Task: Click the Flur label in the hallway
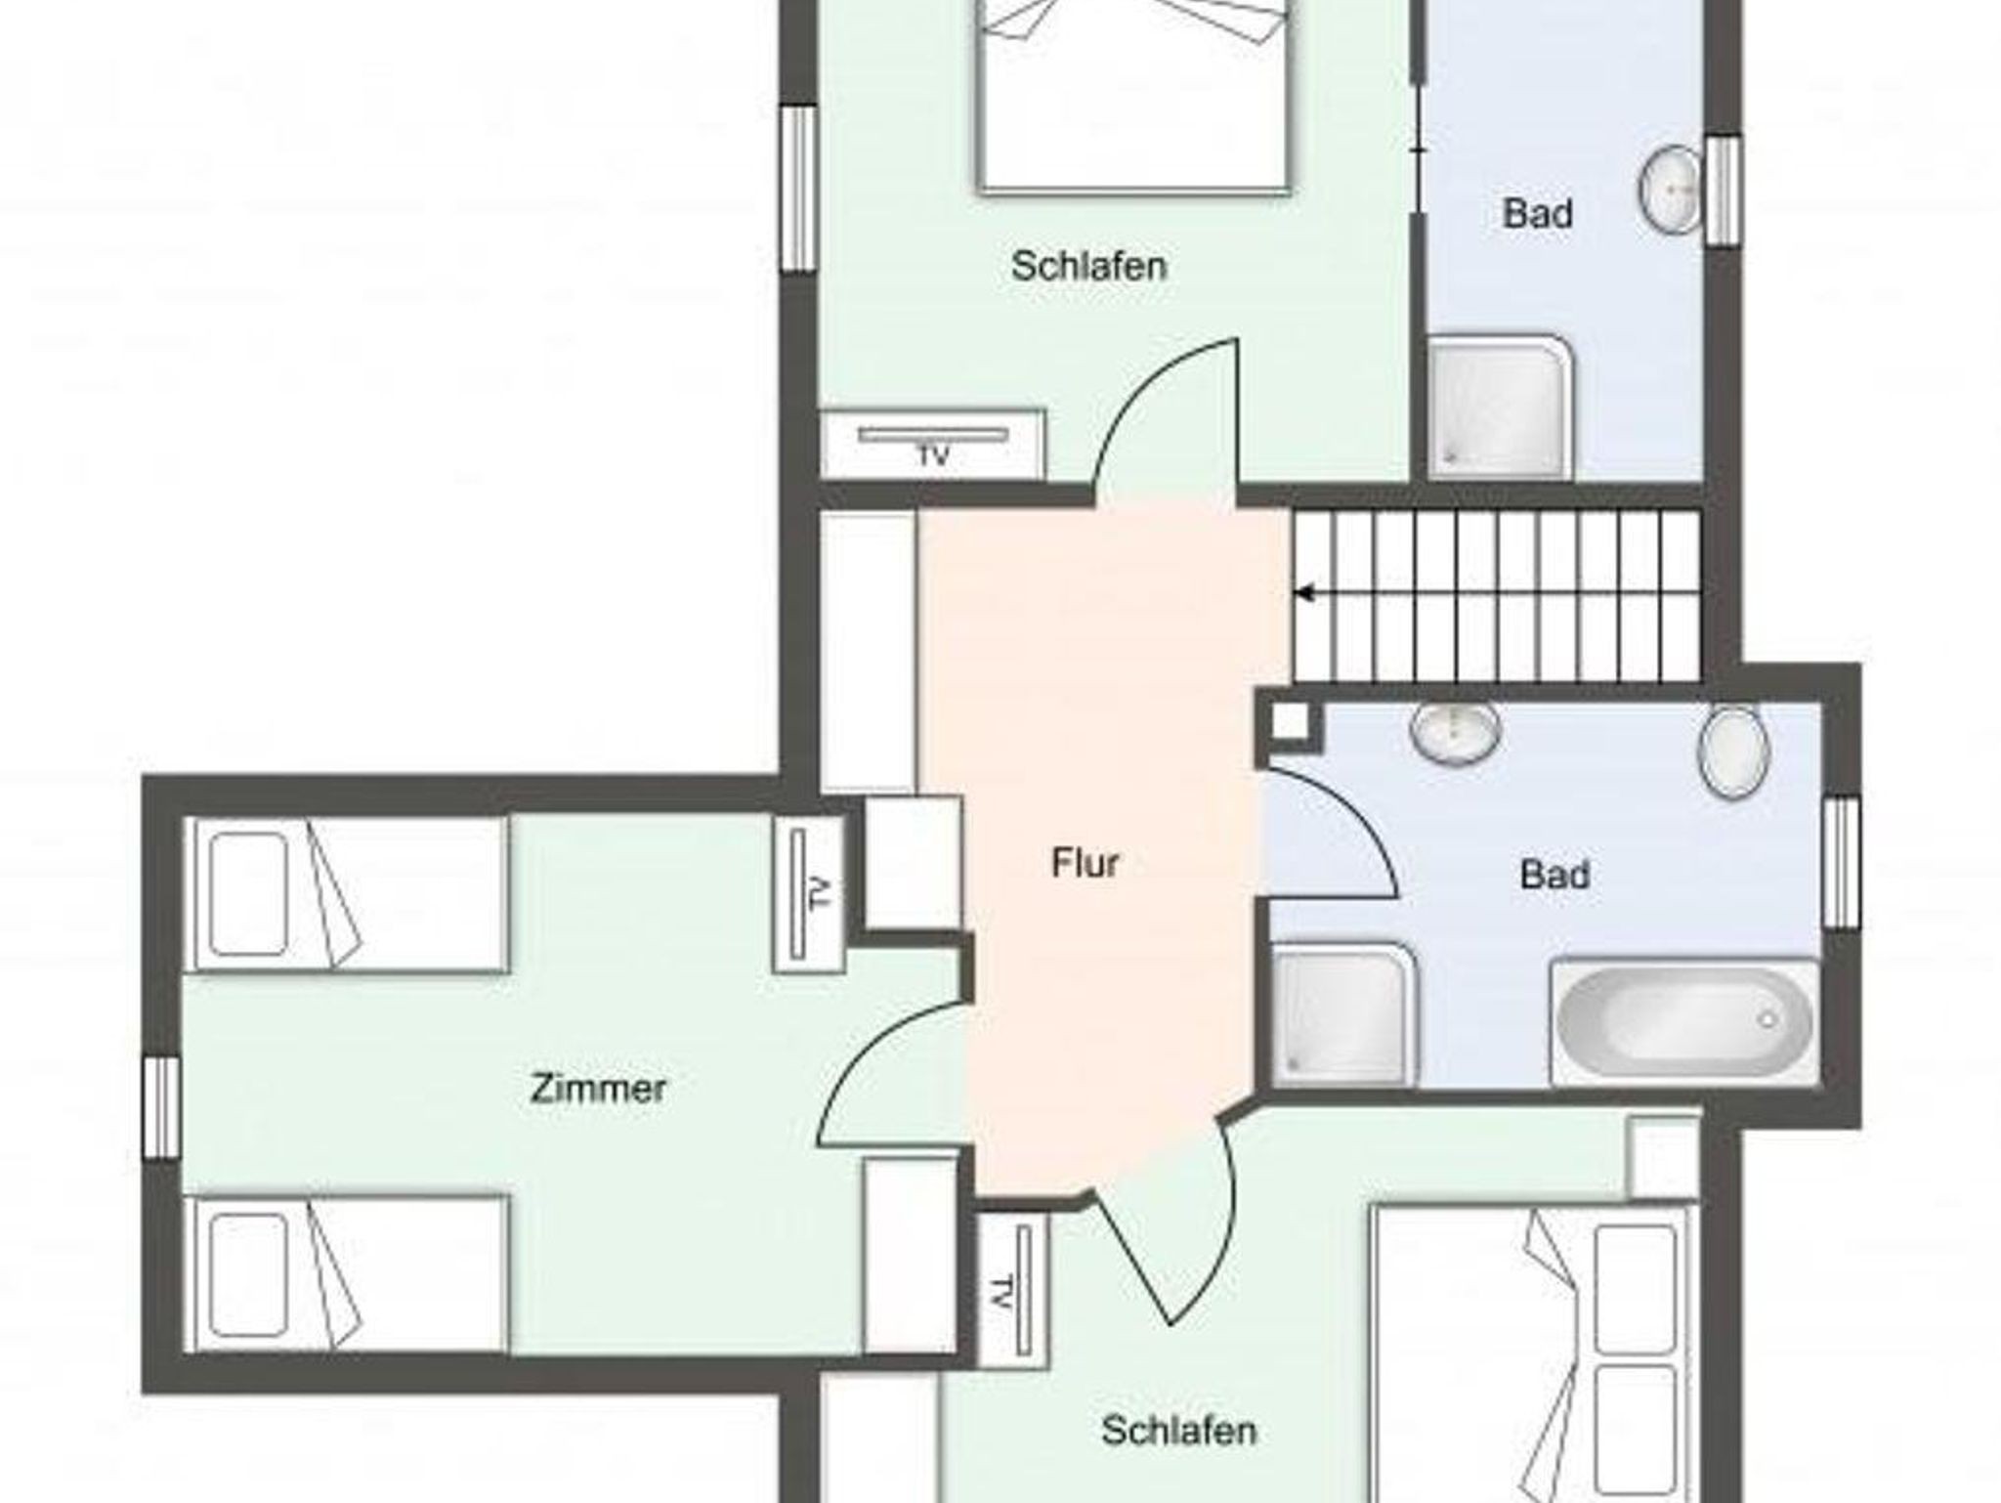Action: [1085, 863]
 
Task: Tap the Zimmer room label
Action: [598, 1088]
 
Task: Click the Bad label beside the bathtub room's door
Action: [1554, 874]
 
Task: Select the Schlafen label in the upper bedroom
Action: [1088, 266]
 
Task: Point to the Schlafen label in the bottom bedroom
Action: [1178, 1431]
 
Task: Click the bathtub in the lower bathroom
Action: [1684, 1022]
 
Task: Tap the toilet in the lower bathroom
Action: [1734, 751]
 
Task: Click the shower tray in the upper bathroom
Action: [1500, 408]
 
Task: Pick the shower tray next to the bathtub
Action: [1343, 1014]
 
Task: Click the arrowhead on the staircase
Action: [1303, 592]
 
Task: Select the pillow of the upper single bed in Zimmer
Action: [248, 893]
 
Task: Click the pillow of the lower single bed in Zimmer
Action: [248, 1275]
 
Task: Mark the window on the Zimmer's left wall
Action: [161, 1107]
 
